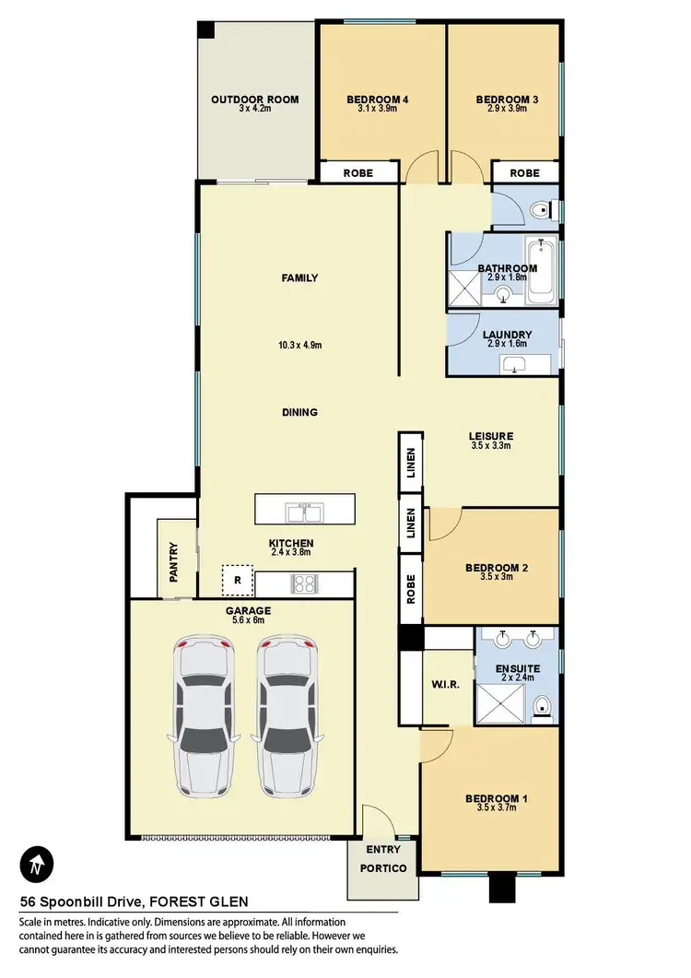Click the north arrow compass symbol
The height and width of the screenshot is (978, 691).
tap(36, 865)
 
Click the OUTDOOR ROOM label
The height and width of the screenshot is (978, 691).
tap(255, 100)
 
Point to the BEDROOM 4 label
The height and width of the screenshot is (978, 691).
tap(377, 100)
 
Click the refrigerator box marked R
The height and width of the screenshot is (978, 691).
tap(237, 580)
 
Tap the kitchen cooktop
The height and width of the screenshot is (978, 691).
tap(304, 583)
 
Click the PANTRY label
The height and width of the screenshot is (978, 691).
tap(173, 561)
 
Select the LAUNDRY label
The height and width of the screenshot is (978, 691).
tap(507, 335)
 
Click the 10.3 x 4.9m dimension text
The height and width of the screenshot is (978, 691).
tap(300, 346)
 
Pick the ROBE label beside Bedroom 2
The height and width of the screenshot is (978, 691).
tap(411, 589)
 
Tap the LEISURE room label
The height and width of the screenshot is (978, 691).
tap(490, 436)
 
